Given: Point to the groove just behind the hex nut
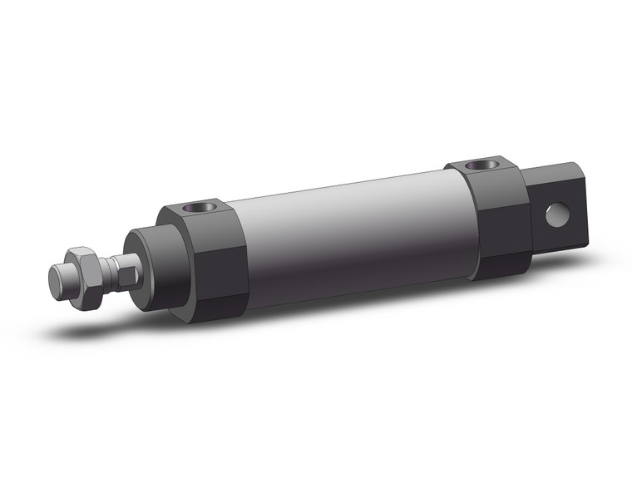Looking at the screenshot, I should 100,269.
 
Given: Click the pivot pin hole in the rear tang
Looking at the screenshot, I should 555,215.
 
